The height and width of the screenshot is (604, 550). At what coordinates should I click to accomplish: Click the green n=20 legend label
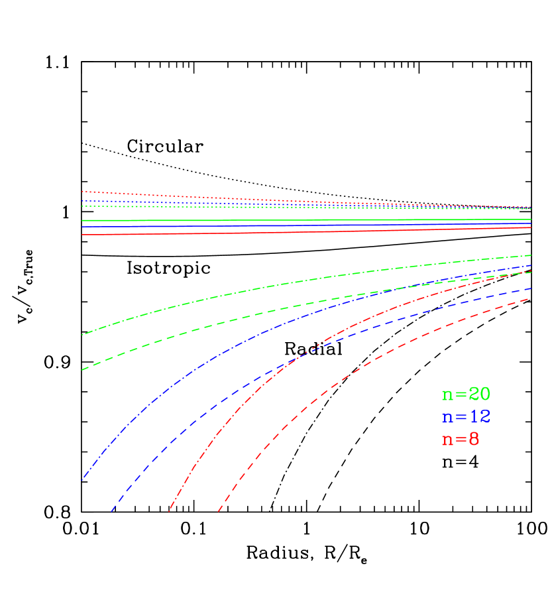pos(466,394)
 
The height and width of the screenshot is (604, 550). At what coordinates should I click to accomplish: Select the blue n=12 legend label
pos(466,417)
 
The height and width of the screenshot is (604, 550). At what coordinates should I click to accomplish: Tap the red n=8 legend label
pos(461,440)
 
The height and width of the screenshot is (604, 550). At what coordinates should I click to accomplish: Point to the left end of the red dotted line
pos(82,192)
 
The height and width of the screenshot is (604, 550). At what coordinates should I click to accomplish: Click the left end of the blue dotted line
pos(82,200)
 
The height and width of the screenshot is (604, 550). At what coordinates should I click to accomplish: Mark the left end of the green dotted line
pos(82,206)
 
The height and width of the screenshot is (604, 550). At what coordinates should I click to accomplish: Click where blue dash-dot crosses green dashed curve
pos(414,286)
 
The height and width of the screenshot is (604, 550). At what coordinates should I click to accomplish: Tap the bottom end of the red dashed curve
pos(219,511)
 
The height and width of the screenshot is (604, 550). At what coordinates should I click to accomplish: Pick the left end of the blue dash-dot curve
pos(82,479)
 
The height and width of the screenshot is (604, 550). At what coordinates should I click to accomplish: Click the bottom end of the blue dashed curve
pos(111,511)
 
